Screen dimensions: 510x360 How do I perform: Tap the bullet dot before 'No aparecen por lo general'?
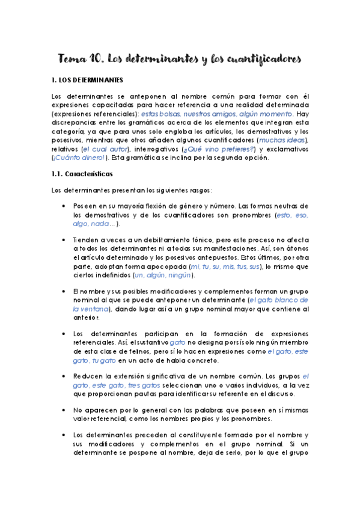coord(64,410)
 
